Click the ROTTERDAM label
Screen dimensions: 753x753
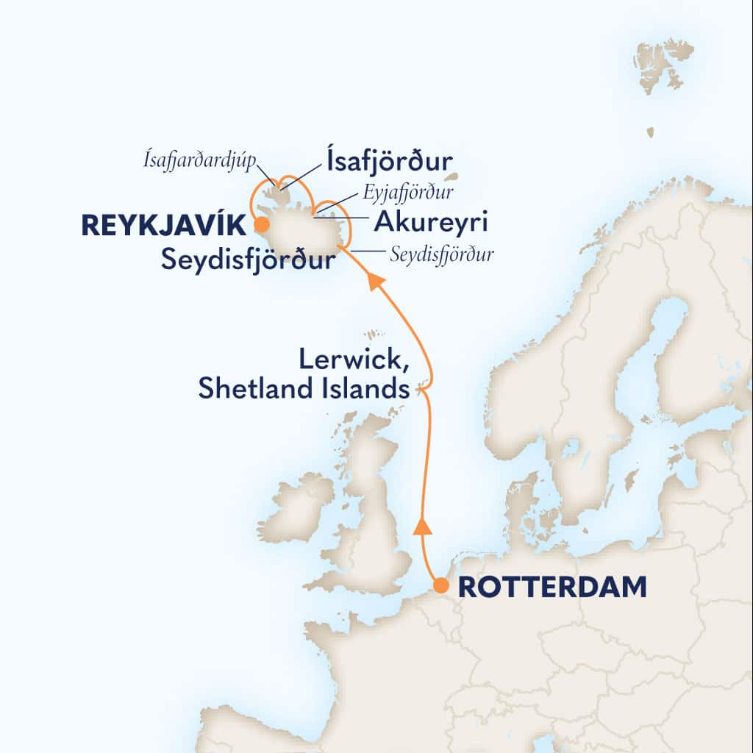pyautogui.click(x=552, y=587)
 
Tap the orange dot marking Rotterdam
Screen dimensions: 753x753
pyautogui.click(x=440, y=586)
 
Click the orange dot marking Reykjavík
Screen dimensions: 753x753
pyautogui.click(x=259, y=226)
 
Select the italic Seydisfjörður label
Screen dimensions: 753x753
pyautogui.click(x=441, y=255)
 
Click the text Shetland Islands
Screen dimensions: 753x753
pyautogui.click(x=303, y=389)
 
